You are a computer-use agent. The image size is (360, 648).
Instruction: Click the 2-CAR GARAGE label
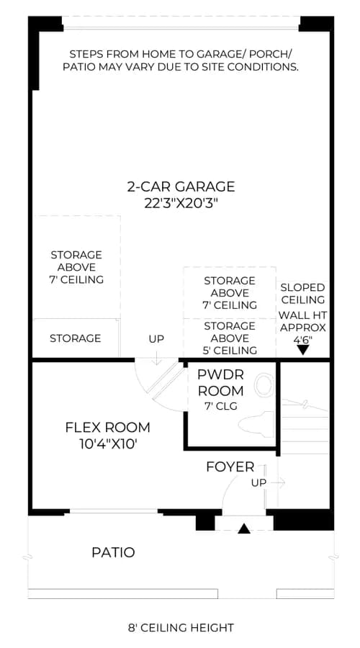[181, 186]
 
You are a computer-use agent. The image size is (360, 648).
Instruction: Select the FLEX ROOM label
[107, 427]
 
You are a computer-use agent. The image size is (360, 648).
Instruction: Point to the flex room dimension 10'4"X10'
[108, 444]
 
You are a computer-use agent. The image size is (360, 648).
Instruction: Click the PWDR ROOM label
[220, 383]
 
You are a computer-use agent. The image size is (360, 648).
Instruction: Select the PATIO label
[113, 552]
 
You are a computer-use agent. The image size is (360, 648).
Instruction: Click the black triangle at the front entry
[244, 528]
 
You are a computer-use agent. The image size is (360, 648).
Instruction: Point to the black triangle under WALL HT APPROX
[303, 350]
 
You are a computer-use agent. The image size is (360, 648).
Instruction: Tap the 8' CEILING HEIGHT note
[181, 628]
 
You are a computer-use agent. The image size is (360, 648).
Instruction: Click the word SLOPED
[302, 287]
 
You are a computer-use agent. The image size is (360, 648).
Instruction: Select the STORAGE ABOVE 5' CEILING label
[230, 338]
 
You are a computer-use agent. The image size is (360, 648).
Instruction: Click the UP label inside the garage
[156, 339]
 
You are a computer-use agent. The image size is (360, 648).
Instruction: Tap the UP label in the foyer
[258, 482]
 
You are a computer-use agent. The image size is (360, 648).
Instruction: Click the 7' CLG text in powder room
[221, 406]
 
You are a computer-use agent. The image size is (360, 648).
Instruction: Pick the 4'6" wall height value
[302, 339]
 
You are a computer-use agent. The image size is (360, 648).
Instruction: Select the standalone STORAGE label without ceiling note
[75, 338]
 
